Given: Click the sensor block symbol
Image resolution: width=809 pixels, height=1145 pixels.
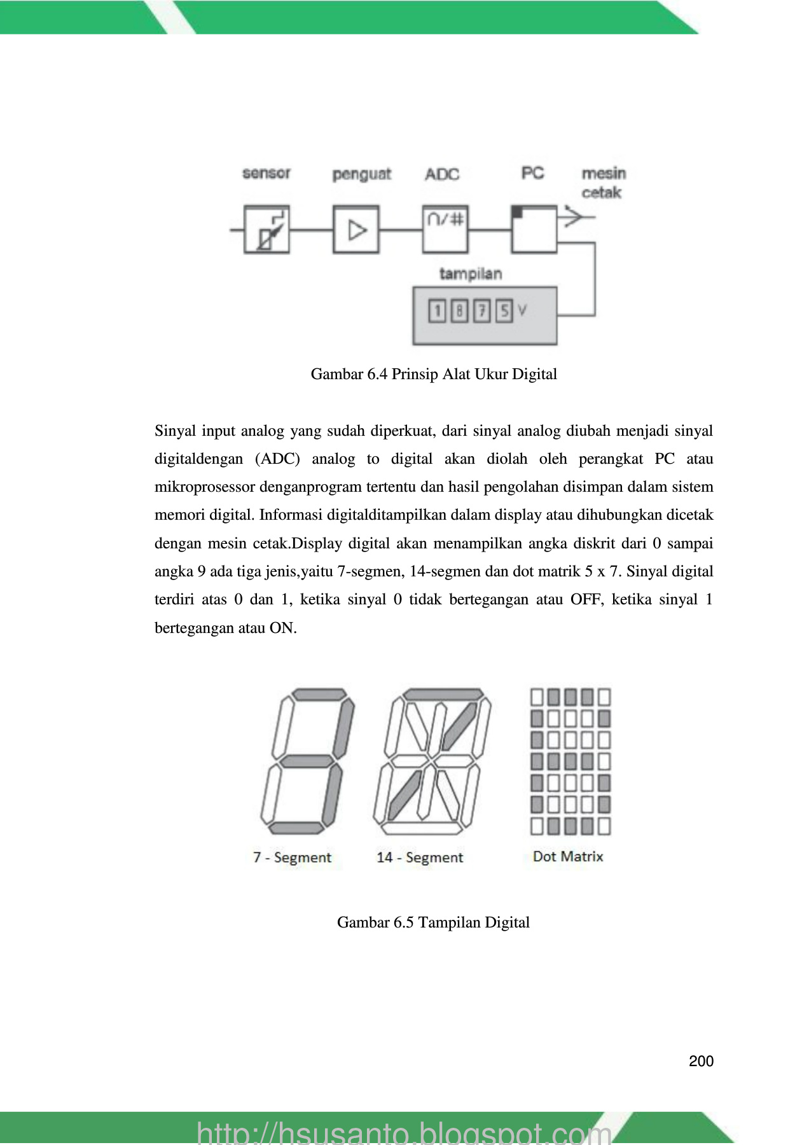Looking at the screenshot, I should pyautogui.click(x=266, y=229).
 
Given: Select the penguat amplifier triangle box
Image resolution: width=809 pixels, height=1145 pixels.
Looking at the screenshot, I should pyautogui.click(x=356, y=229).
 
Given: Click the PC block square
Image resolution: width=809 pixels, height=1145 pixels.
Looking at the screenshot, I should pyautogui.click(x=534, y=229).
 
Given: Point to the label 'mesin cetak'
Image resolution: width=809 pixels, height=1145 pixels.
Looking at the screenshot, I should pyautogui.click(x=603, y=183).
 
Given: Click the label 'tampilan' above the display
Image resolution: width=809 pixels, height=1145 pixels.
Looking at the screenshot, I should pyautogui.click(x=471, y=274).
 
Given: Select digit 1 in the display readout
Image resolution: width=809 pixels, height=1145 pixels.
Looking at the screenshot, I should pyautogui.click(x=437, y=311).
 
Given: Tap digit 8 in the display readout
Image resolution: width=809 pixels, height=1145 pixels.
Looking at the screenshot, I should pyautogui.click(x=459, y=311).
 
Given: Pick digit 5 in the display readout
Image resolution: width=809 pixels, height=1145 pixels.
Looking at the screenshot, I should pyautogui.click(x=504, y=311).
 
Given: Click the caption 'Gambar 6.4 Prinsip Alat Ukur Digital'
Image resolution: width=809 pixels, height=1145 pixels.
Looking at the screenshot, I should pyautogui.click(x=434, y=374).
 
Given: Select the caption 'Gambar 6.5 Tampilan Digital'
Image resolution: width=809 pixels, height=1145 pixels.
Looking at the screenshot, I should pyautogui.click(x=433, y=922).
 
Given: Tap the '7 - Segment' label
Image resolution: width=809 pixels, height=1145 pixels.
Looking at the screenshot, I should pyautogui.click(x=293, y=857).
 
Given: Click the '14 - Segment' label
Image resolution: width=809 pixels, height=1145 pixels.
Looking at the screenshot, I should pyautogui.click(x=420, y=857).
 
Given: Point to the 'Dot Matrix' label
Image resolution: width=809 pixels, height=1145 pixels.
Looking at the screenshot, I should pyautogui.click(x=568, y=856).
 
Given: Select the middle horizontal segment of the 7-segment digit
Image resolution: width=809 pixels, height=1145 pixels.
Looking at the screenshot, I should pyautogui.click(x=307, y=761).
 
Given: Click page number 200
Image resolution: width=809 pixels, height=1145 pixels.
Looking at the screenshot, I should pyautogui.click(x=701, y=1061).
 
